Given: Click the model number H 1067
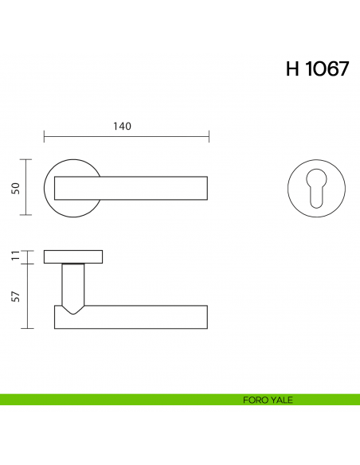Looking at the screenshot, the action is [317, 68].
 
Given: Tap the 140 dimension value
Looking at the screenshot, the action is [122, 127].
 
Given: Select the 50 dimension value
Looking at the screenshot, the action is [16, 189].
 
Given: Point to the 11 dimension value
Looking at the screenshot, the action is [16, 256].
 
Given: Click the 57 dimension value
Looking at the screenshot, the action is [16, 296].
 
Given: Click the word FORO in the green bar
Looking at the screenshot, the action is [253, 400].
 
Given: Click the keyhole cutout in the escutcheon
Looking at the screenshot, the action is [316, 188].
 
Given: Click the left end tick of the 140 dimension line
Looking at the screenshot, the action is [44, 136].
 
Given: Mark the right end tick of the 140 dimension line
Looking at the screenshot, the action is [209, 136].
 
